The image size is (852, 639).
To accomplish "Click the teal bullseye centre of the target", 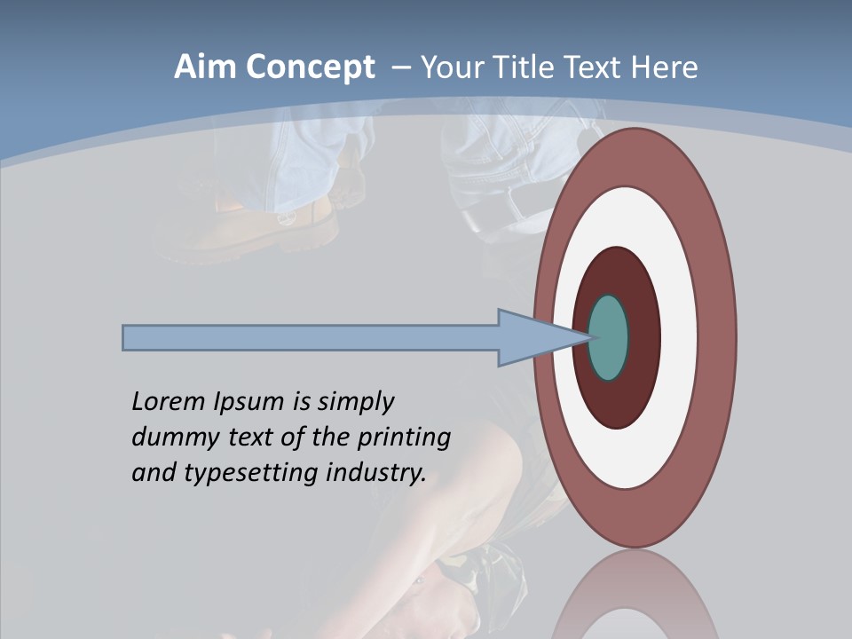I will [609, 337].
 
